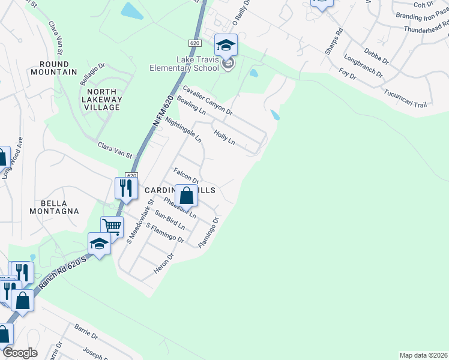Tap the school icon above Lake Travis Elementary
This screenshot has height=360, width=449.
click(226, 44)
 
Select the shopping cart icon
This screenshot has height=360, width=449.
click(112, 227)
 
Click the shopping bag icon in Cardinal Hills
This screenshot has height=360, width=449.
click(187, 196)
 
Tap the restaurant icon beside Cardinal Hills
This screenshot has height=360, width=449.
click(126, 188)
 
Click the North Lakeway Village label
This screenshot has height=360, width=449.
click(101, 99)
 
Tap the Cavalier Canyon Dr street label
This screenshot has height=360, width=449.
click(208, 100)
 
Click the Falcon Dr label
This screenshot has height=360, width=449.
click(185, 175)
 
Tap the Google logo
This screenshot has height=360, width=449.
click(20, 353)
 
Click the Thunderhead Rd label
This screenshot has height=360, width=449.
click(426, 29)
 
